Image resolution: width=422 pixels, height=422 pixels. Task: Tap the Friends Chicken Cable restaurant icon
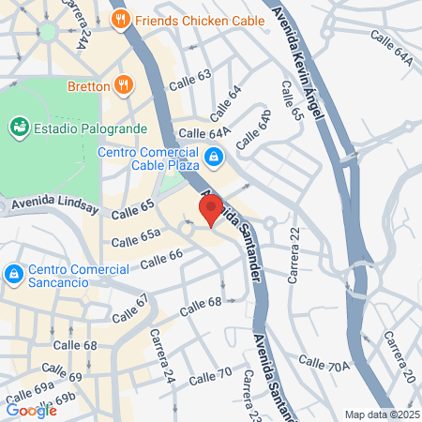click(119, 19)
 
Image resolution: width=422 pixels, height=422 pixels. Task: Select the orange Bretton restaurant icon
click(124, 85)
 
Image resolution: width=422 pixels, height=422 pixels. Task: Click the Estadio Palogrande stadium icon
click(18, 125)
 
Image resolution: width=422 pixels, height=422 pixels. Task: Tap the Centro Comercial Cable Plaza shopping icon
click(215, 158)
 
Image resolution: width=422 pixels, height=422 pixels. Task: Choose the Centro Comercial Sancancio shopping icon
click(13, 274)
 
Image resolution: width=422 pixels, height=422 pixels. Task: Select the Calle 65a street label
click(136, 240)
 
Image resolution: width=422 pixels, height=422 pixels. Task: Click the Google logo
click(31, 410)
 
